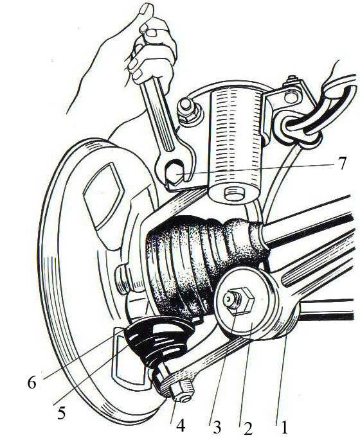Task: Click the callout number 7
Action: [343, 163]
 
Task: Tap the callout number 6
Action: [32, 383]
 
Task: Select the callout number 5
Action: [62, 412]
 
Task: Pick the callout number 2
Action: [248, 428]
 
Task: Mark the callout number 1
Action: [283, 426]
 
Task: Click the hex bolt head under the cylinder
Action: [234, 194]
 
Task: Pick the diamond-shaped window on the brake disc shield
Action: [105, 194]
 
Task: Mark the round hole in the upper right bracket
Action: [291, 98]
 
